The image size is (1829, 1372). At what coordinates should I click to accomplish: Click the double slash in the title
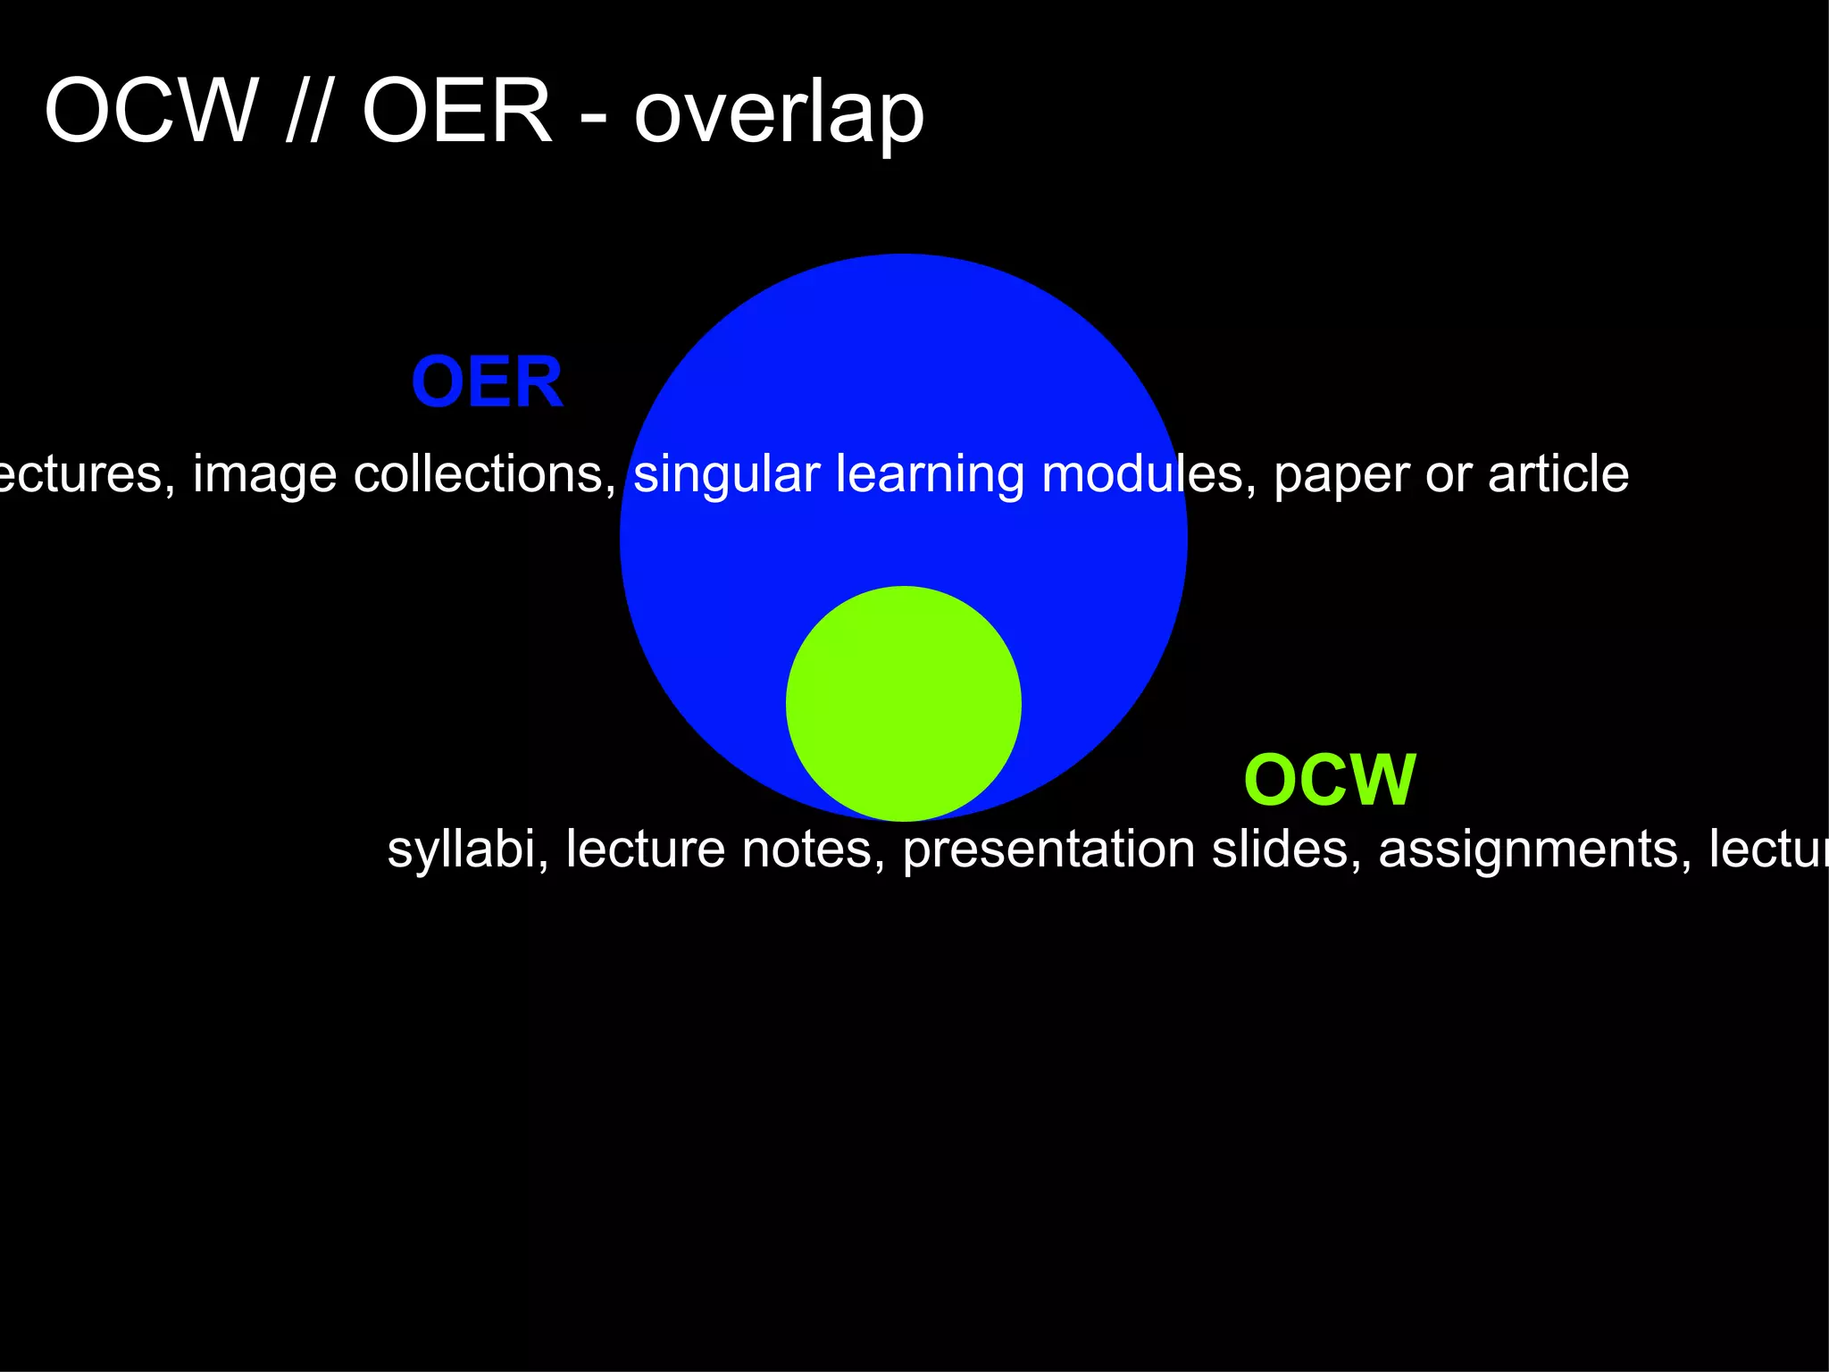coord(305,112)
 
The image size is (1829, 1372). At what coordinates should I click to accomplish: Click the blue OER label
coord(487,382)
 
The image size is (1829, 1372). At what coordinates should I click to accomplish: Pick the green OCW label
coord(1329,780)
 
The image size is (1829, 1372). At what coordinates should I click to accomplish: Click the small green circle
coord(903,704)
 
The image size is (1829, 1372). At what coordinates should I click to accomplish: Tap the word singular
coord(726,474)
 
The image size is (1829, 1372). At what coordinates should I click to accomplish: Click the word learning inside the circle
coord(930,474)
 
